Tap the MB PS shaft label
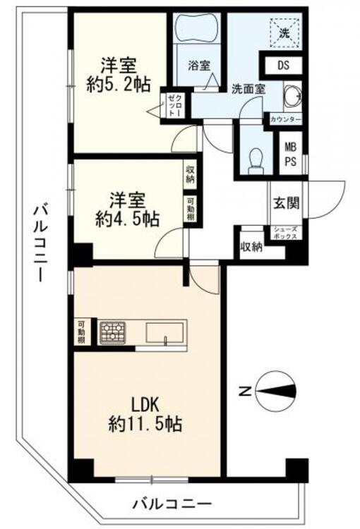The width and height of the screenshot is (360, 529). click(290, 154)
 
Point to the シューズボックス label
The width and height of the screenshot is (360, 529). click(285, 232)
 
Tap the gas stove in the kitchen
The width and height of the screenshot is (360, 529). click(112, 332)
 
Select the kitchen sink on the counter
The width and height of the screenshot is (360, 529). click(165, 332)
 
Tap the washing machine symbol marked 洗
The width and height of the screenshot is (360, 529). click(282, 32)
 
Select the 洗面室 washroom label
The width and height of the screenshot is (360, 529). click(248, 89)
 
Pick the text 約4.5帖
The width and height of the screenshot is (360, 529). click(127, 219)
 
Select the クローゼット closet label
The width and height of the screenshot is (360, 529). click(176, 105)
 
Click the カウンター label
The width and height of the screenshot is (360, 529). click(285, 120)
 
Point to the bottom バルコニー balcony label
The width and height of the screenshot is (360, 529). click(172, 504)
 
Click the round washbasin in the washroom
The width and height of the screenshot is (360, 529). click(289, 95)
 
